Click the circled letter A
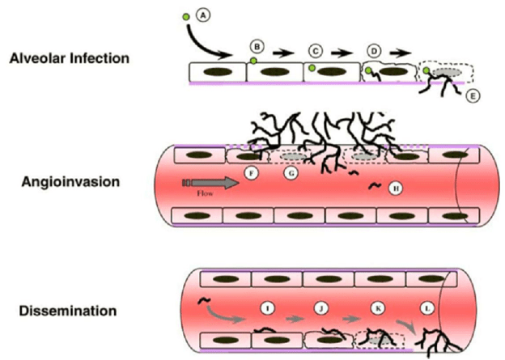pyautogui.click(x=202, y=14)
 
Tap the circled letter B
pyautogui.click(x=258, y=44)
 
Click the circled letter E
pyautogui.click(x=473, y=95)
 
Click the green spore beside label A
pyautogui.click(x=186, y=16)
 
